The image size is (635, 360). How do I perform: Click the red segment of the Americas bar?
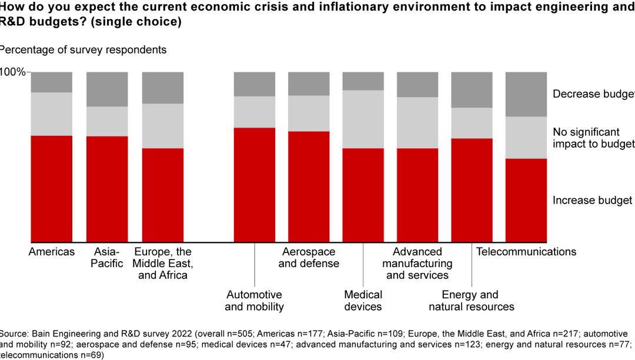pyautogui.click(x=52, y=188)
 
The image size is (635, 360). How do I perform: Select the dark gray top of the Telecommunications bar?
pyautogui.click(x=526, y=94)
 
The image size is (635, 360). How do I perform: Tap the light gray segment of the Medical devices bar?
pyautogui.click(x=363, y=119)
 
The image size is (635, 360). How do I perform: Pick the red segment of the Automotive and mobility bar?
pyautogui.click(x=255, y=184)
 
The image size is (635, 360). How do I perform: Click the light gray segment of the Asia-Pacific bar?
pyautogui.click(x=107, y=121)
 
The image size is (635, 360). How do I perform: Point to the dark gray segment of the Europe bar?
pyautogui.click(x=163, y=88)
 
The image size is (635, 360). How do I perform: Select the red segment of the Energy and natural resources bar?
pyautogui.click(x=472, y=189)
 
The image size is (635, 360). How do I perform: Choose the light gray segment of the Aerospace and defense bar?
pyautogui.click(x=309, y=113)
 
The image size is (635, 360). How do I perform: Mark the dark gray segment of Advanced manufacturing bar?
pyautogui.click(x=417, y=84)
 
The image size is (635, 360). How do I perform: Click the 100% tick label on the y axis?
pyautogui.click(x=13, y=72)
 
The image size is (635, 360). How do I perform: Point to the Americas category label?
pyautogui.click(x=52, y=252)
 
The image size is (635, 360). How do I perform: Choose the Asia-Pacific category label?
pyautogui.click(x=107, y=258)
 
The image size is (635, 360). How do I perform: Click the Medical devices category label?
pyautogui.click(x=363, y=300)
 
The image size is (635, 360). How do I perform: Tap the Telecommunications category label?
pyautogui.click(x=526, y=252)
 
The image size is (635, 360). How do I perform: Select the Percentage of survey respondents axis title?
pyautogui.click(x=83, y=50)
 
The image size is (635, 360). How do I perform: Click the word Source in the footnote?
pyautogui.click(x=14, y=334)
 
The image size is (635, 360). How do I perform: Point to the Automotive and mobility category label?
pyautogui.click(x=254, y=300)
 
